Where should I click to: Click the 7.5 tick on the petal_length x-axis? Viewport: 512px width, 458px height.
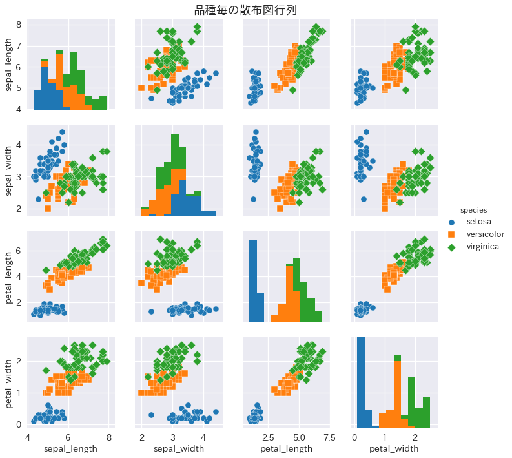click(x=329, y=437)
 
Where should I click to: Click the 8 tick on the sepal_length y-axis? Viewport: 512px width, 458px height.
click(x=19, y=25)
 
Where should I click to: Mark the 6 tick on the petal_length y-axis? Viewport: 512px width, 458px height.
click(x=19, y=250)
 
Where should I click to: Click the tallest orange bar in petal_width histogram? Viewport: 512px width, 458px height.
click(x=397, y=391)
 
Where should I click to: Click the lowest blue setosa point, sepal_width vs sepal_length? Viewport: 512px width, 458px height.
click(x=38, y=199)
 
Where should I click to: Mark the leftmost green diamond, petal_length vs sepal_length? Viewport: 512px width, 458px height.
click(x=46, y=270)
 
